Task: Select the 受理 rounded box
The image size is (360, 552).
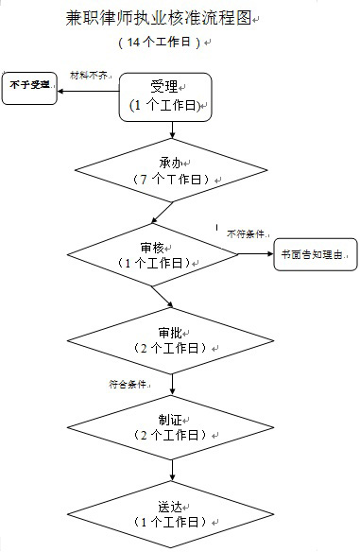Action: click(164, 95)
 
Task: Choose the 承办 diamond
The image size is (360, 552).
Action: click(170, 170)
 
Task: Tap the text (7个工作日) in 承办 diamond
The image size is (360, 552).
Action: click(170, 179)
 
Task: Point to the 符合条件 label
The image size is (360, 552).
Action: click(129, 384)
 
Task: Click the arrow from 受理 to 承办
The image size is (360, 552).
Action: click(171, 129)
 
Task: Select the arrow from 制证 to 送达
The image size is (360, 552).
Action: click(171, 471)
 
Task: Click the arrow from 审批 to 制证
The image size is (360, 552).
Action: click(171, 385)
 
